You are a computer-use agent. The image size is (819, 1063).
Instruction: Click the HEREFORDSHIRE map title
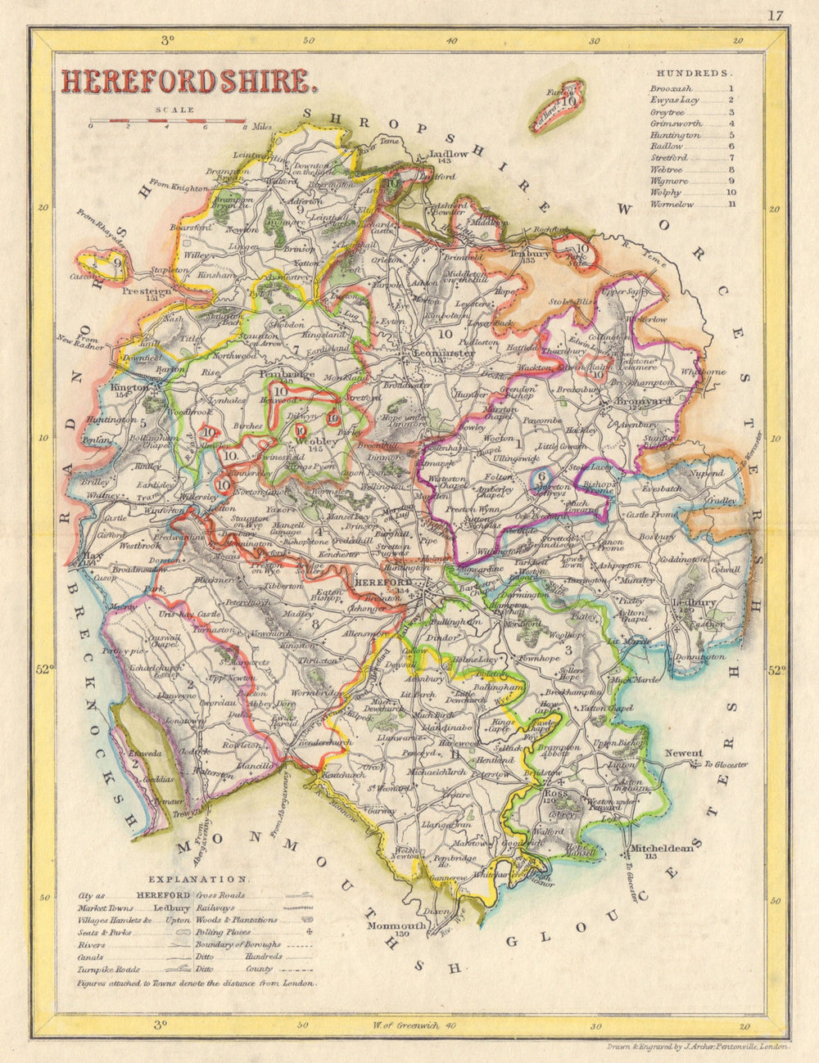click(x=187, y=80)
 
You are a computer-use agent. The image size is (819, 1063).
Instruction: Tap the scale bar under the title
click(x=168, y=124)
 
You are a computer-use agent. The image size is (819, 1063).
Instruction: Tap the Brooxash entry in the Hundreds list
click(x=671, y=88)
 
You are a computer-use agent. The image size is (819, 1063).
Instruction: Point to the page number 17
click(x=776, y=15)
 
